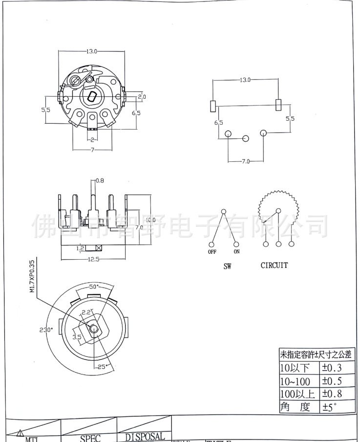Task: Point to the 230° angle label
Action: (46, 329)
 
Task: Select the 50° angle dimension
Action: (94, 286)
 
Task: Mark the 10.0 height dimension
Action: (150, 220)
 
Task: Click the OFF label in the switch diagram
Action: (212, 252)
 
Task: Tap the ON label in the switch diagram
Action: (236, 252)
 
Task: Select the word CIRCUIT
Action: (274, 265)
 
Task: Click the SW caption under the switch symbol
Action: (227, 267)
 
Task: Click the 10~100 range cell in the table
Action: (296, 380)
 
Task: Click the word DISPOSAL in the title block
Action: (145, 436)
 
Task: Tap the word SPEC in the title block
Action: (90, 438)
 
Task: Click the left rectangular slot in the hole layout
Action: (213, 105)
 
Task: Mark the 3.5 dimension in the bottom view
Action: (77, 337)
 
